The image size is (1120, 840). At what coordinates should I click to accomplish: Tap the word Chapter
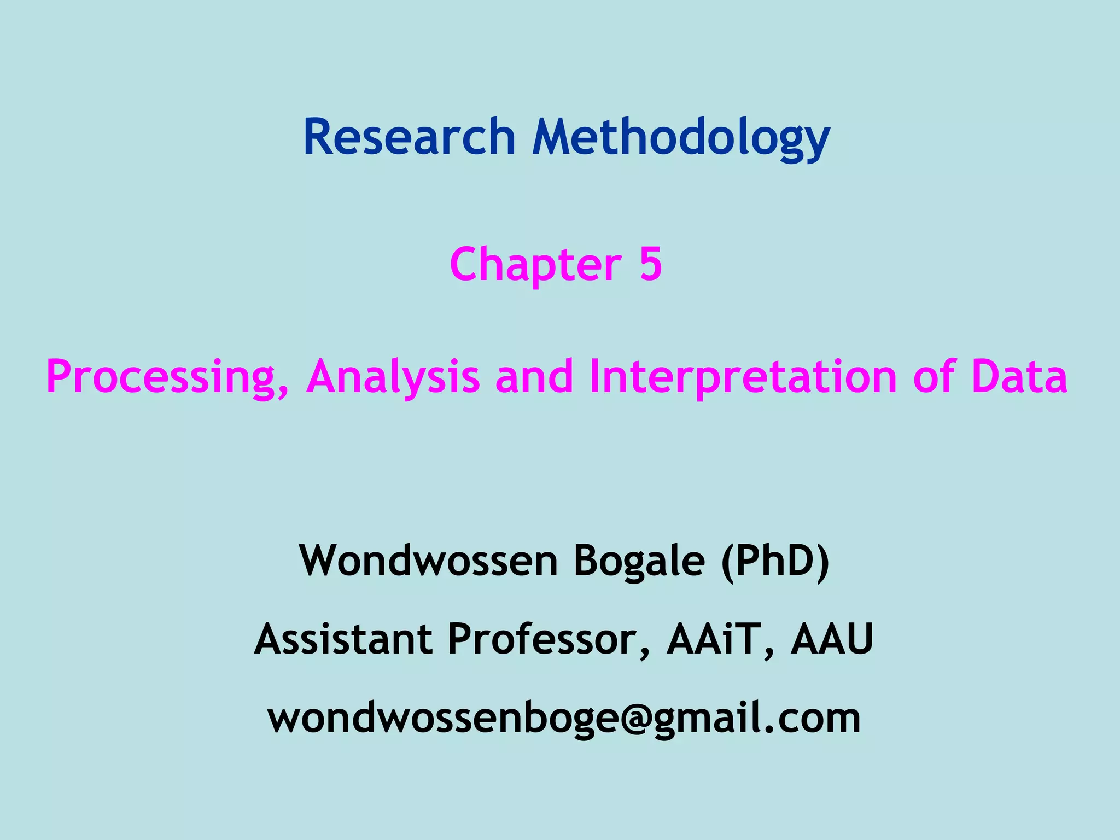tap(535, 265)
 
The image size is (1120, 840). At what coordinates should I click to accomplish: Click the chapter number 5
tap(650, 264)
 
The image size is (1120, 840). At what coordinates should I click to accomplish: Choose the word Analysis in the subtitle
tap(393, 377)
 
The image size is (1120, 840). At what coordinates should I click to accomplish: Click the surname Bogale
tap(639, 562)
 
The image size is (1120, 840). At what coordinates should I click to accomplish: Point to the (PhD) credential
tap(775, 562)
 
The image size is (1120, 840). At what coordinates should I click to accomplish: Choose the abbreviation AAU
tap(832, 639)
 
